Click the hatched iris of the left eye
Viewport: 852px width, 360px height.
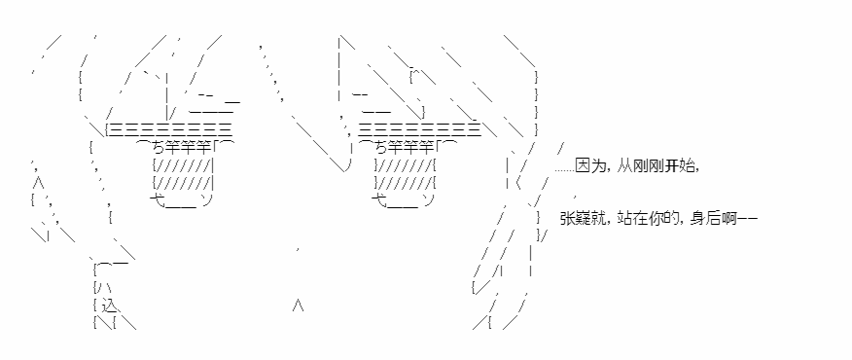pos(183,173)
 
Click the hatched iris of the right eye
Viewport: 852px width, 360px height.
pos(405,173)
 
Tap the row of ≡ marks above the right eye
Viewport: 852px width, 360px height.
pos(419,130)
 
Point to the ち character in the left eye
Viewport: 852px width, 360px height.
pos(159,147)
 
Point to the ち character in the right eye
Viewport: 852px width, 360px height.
pos(380,147)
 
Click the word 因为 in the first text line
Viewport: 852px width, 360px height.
pos(589,167)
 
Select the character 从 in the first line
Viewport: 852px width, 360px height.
pos(625,167)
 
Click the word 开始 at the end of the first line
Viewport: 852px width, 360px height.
pos(679,167)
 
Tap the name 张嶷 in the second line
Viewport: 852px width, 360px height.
pos(575,219)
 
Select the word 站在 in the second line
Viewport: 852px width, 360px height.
pos(632,219)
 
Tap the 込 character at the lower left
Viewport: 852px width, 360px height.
pos(109,306)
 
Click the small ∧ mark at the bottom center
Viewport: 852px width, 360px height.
pos(298,306)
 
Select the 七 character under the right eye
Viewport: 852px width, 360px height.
pos(378,199)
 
